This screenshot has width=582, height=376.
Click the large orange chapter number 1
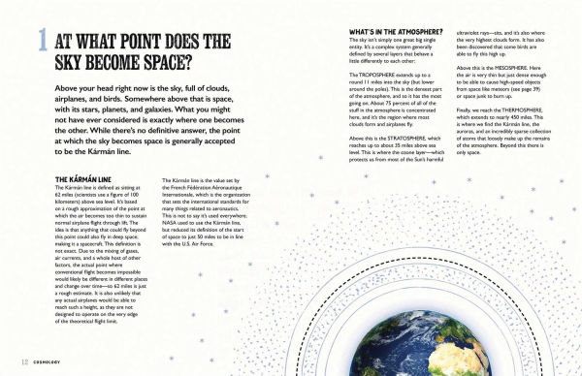click(41, 41)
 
